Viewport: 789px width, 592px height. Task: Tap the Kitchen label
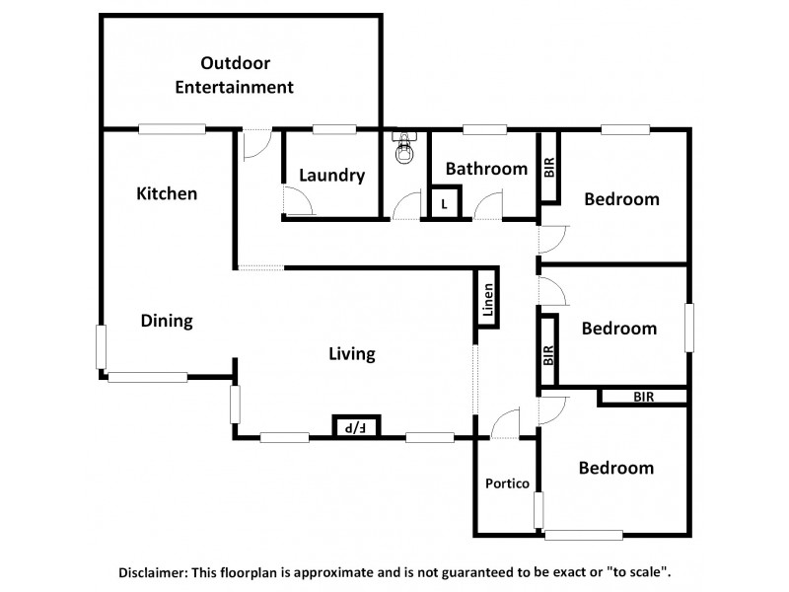point(167,193)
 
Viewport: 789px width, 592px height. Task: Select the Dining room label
point(166,321)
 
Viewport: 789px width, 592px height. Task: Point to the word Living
point(352,354)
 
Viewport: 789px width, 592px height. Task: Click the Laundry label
point(331,176)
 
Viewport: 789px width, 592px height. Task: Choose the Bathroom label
point(486,169)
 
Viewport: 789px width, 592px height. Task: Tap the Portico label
point(508,483)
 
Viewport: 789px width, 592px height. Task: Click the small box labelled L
point(446,204)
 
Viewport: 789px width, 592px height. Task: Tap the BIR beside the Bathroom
point(549,169)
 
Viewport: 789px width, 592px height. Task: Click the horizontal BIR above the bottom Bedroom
point(643,397)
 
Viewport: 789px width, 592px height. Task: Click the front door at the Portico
point(504,425)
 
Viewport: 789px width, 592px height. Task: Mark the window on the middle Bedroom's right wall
point(689,328)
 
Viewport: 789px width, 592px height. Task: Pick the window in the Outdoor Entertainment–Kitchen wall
point(172,128)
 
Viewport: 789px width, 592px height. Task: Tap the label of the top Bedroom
point(621,199)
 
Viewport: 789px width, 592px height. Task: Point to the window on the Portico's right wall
point(538,511)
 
